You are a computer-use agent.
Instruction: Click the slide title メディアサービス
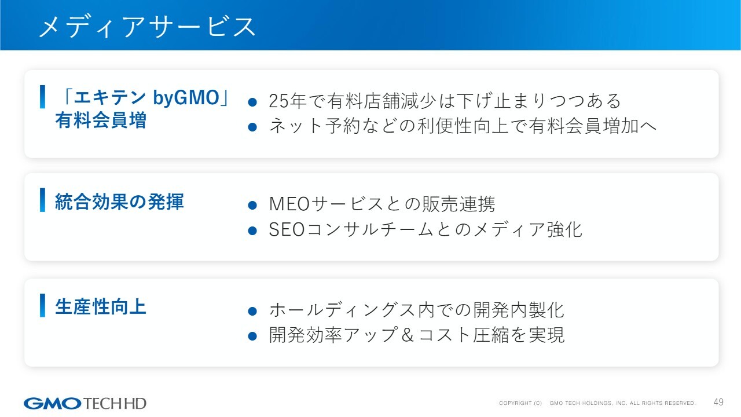(x=147, y=27)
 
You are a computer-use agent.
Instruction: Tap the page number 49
(x=718, y=402)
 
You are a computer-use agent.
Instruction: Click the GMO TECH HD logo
(x=85, y=404)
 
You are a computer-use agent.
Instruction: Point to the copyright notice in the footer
(x=597, y=403)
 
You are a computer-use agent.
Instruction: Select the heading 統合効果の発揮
(x=119, y=202)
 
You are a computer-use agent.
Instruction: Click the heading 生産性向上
(x=101, y=306)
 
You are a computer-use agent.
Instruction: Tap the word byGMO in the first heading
(x=186, y=98)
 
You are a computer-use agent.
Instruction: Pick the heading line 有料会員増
(x=101, y=120)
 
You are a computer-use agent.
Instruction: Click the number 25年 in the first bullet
(x=288, y=101)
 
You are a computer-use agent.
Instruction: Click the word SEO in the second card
(x=287, y=229)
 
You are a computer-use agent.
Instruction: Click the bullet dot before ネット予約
(x=252, y=127)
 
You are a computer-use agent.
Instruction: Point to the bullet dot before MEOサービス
(x=252, y=205)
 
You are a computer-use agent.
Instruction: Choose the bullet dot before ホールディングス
(x=252, y=311)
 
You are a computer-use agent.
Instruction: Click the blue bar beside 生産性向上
(x=42, y=305)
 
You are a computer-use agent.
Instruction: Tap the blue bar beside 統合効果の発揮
(x=42, y=200)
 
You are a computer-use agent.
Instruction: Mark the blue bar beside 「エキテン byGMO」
(x=42, y=97)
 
